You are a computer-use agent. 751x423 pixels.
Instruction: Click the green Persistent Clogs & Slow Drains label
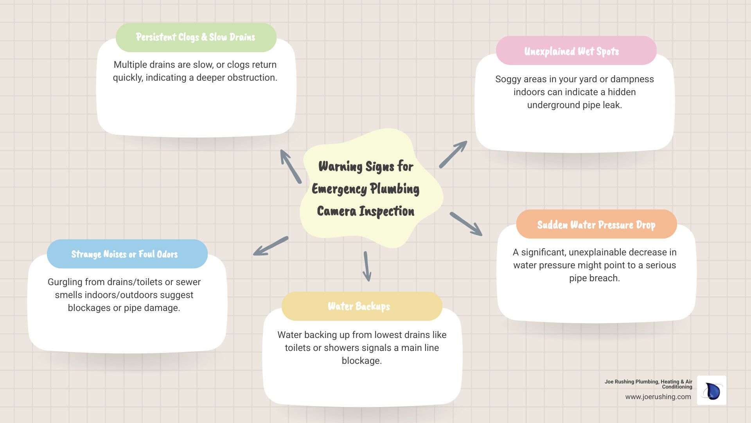196,37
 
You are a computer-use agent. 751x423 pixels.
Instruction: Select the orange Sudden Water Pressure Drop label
596,224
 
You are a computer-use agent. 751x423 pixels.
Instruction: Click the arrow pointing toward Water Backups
367,266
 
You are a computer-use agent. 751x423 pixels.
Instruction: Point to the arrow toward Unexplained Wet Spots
453,154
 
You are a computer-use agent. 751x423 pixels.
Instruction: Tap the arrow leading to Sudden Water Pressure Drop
466,224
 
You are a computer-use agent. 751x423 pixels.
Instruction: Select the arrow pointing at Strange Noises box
271,246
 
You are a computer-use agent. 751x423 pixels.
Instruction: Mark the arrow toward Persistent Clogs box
291,166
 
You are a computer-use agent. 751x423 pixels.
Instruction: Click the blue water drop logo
712,391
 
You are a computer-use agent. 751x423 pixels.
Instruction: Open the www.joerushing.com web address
658,397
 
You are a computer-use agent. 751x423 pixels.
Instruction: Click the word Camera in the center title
336,211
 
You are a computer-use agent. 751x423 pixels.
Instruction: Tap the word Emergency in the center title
339,189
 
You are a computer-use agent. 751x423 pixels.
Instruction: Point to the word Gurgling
65,282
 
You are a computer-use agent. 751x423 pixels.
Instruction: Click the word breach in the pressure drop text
605,278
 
